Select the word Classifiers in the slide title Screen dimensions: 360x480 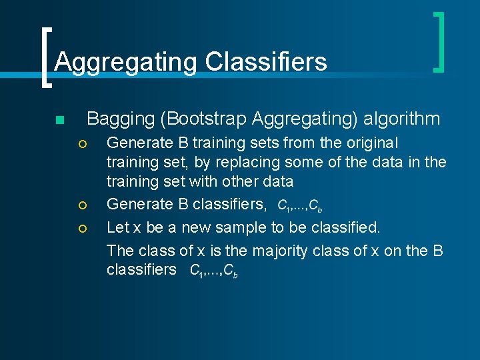266,62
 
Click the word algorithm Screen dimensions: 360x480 402,119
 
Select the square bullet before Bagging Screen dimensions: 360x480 59,121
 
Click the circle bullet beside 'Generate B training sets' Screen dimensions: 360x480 82,144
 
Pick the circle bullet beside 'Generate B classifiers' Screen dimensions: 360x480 82,205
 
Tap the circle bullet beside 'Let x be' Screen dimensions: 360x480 82,229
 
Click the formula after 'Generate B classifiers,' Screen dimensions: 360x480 300,205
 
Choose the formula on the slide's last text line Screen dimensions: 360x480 214,271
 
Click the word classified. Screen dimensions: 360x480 349,227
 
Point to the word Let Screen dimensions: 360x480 118,227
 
